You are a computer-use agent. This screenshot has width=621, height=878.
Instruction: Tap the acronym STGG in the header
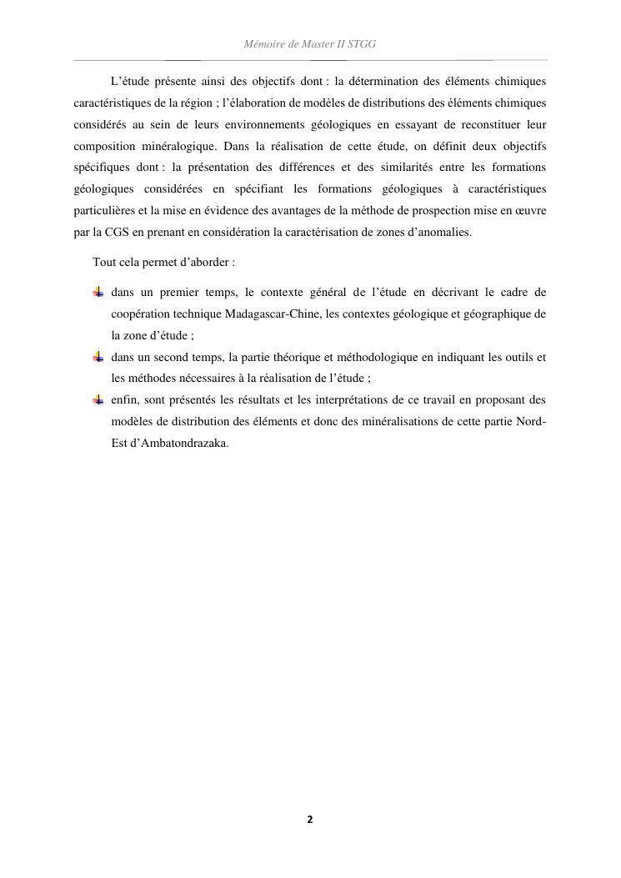click(360, 43)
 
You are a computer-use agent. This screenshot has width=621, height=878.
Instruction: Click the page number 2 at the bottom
click(310, 820)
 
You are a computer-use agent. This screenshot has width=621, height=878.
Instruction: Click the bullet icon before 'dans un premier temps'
click(98, 292)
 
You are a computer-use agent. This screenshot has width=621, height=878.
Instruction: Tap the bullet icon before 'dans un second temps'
click(98, 357)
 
